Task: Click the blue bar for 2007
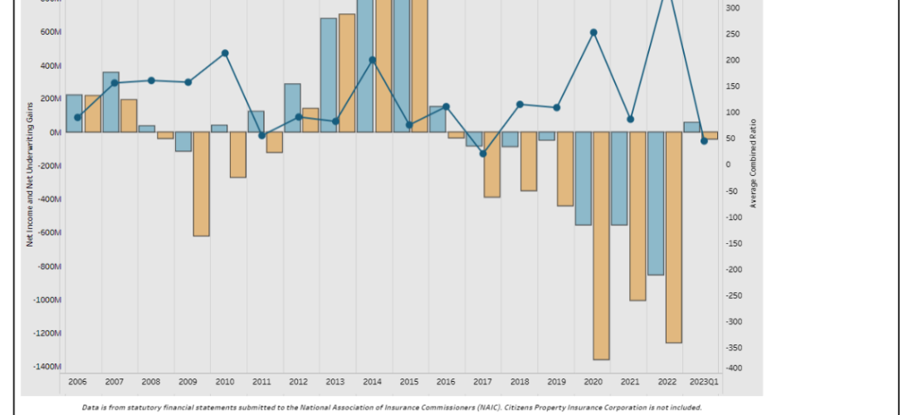[110, 102]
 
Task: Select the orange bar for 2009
[201, 183]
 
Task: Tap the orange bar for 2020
[601, 246]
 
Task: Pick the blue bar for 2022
[656, 203]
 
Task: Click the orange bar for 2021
[637, 216]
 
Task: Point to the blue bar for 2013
[329, 75]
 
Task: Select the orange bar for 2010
[238, 154]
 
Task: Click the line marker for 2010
[225, 53]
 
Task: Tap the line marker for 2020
[593, 32]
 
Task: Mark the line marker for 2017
[483, 154]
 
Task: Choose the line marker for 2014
[373, 60]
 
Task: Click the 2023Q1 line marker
[704, 141]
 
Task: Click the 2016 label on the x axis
[446, 382]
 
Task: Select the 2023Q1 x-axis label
[705, 382]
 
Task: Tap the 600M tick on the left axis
[51, 32]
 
